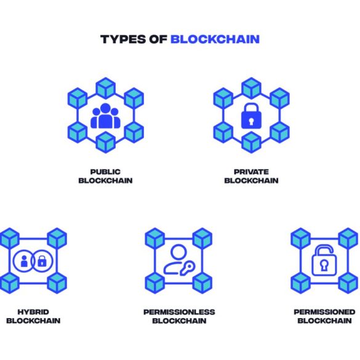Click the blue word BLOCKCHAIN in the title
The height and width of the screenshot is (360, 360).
coord(215,39)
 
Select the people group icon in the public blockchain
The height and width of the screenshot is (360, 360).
coord(105,116)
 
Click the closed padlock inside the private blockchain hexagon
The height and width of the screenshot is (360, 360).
coord(251,116)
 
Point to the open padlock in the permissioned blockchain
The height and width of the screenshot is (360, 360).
coord(324,260)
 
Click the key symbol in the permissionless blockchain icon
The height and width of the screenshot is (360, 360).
coord(188,268)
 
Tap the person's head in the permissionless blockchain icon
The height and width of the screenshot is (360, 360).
coord(178,252)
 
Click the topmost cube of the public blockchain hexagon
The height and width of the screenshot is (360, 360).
coord(105,88)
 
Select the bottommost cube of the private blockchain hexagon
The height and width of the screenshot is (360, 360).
coord(251,142)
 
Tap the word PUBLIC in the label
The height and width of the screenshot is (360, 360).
coord(105,172)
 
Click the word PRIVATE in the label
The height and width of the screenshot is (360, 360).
coord(251,172)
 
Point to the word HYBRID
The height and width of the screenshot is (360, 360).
coord(33,312)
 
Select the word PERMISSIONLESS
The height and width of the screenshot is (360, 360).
coord(179,312)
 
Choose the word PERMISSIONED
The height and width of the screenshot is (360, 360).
coord(324,312)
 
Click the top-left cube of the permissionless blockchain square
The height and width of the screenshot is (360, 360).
coord(154,238)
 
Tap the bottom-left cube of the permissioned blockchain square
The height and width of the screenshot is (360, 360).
coord(300,283)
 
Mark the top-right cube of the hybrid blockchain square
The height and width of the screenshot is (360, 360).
coord(57,238)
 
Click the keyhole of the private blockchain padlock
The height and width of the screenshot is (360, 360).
coord(251,121)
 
